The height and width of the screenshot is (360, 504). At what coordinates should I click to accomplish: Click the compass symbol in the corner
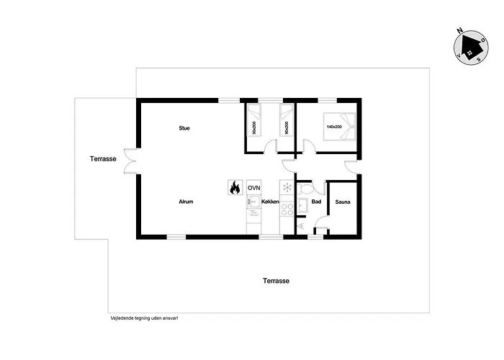469,45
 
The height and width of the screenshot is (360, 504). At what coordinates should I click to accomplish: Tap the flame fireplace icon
234,188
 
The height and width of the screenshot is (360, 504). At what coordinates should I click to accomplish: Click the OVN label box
253,188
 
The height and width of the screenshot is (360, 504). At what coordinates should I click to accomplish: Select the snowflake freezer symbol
287,188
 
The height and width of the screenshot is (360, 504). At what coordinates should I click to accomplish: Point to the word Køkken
270,202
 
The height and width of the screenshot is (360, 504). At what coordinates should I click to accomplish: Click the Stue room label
184,128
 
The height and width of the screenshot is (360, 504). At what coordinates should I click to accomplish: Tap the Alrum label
186,202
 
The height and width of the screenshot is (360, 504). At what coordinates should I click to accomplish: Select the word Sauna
343,202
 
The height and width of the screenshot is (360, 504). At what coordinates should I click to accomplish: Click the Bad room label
316,202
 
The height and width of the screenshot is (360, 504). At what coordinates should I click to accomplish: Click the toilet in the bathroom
305,188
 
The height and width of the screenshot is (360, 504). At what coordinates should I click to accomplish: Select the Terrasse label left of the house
103,158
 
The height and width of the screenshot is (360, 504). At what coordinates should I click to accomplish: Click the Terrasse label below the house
276,281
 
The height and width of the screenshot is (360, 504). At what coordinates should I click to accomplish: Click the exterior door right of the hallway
354,167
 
